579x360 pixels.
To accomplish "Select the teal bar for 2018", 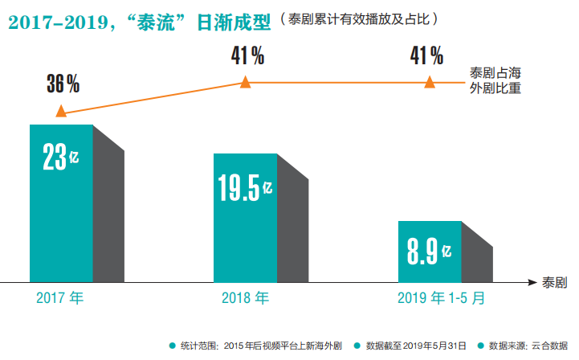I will point(245,217).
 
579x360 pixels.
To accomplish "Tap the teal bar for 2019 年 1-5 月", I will point(430,251).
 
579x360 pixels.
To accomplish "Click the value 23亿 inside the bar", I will point(61,157).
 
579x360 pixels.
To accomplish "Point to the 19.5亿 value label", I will point(245,189).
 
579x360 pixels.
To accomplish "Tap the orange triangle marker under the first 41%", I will point(246,82).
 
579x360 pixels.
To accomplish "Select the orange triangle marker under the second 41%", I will point(430,82).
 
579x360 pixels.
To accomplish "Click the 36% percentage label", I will point(62,84).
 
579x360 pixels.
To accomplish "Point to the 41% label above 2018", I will point(247,55).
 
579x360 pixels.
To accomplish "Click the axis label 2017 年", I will point(60,299).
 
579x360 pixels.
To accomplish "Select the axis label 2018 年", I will point(245,299).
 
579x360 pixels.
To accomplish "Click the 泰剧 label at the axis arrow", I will point(555,283).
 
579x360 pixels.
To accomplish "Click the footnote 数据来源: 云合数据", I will point(525,346).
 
